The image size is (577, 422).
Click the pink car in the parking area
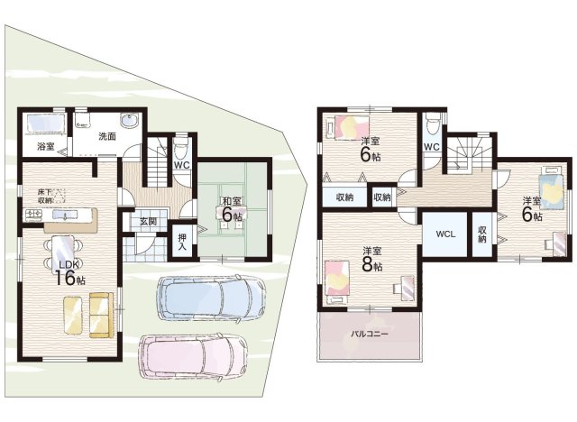click(x=193, y=355)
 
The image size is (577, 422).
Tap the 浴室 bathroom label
click(x=46, y=146)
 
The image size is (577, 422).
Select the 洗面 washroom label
click(x=107, y=136)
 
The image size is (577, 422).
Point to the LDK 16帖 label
click(x=70, y=273)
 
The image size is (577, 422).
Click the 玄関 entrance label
click(x=148, y=222)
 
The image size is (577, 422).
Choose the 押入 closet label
click(x=182, y=242)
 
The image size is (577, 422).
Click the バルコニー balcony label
click(x=369, y=334)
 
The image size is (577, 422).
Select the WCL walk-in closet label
click(x=445, y=234)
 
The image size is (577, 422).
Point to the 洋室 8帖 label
click(x=372, y=259)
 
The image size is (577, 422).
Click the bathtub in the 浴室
click(x=45, y=122)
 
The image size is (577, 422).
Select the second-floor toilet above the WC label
click(x=431, y=124)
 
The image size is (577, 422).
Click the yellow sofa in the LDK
click(x=100, y=315)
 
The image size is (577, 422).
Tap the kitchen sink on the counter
click(x=65, y=215)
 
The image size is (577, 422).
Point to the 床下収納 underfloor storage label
click(x=46, y=196)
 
